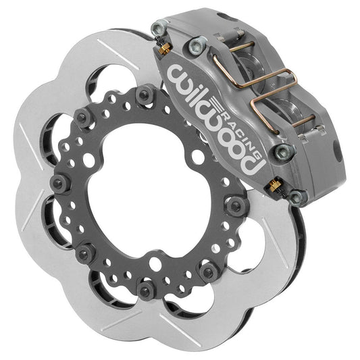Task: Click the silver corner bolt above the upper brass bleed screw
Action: (x=157, y=28)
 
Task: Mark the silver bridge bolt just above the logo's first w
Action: (x=196, y=46)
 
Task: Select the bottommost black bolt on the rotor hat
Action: (x=144, y=290)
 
